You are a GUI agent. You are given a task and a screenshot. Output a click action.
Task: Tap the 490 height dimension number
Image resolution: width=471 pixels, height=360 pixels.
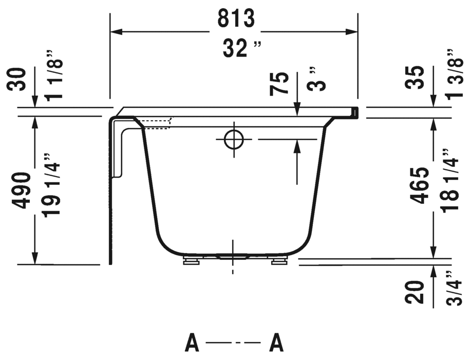point(22,191)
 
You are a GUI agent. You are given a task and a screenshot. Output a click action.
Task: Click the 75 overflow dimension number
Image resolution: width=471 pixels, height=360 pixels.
point(279,84)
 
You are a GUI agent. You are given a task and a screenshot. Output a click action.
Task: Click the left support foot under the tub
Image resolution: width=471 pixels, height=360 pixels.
point(190,261)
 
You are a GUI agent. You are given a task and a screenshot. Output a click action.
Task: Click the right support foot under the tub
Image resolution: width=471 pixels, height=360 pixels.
point(279,261)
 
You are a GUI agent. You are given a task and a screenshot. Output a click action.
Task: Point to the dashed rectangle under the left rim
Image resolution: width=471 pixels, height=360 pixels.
point(156,124)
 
